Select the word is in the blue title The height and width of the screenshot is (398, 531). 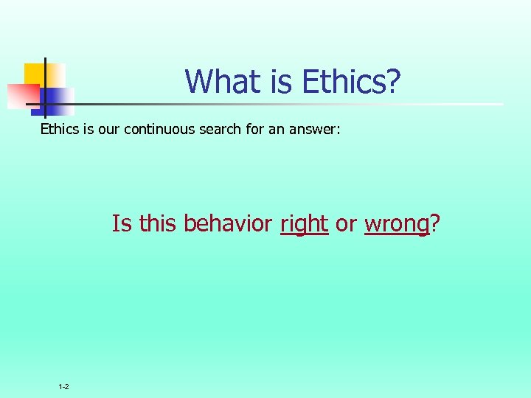coord(282,81)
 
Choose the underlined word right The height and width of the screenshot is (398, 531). coord(304,223)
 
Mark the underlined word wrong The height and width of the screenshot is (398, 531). coord(396,223)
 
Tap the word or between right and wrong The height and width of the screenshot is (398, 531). coord(346,223)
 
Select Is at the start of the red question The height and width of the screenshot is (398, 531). coord(121,223)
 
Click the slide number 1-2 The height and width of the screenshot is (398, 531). coord(63,387)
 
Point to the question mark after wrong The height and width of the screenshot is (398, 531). coord(434,223)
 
